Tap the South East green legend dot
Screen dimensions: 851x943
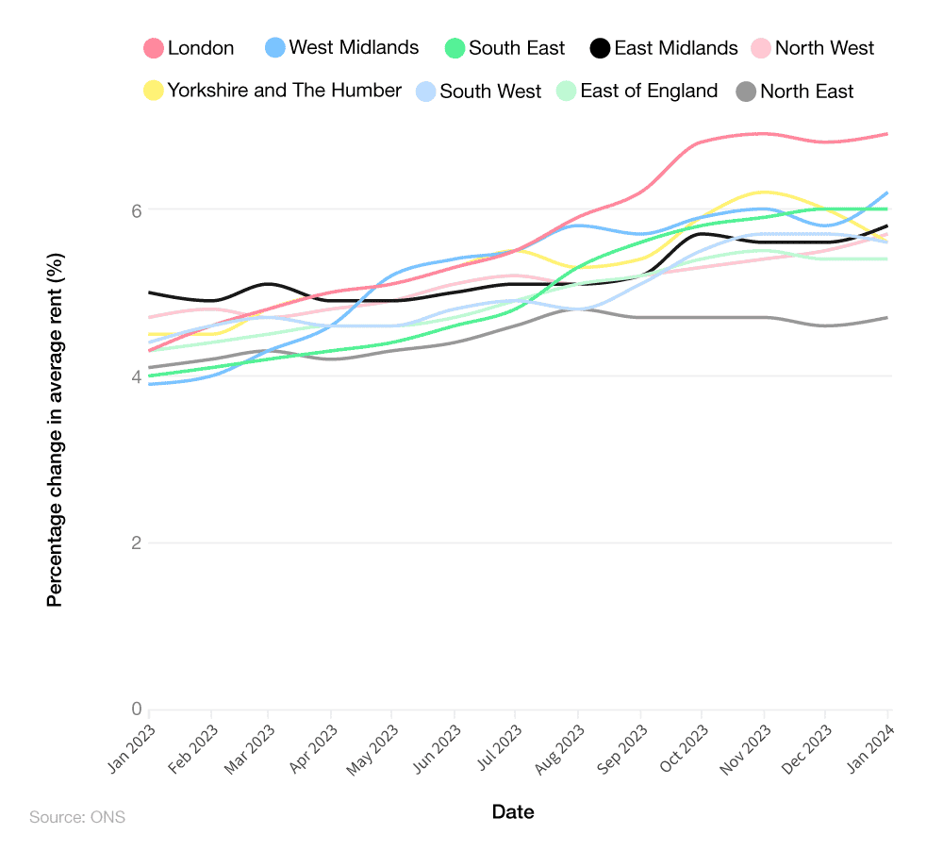tap(455, 48)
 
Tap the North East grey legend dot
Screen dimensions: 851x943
tap(746, 92)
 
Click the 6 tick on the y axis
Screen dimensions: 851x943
tap(136, 209)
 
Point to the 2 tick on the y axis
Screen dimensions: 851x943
tap(136, 543)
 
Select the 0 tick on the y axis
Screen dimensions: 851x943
tap(136, 709)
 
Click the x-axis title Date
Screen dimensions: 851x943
tap(513, 812)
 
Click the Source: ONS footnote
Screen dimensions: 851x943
tap(77, 817)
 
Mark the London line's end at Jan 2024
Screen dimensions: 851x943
tap(887, 134)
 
